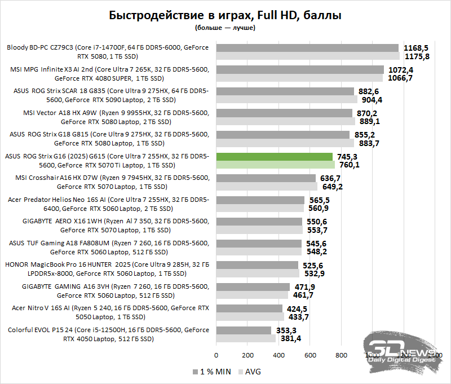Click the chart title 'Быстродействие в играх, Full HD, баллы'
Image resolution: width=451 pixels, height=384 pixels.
click(225, 15)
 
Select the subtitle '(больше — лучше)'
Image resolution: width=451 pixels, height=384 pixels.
click(225, 27)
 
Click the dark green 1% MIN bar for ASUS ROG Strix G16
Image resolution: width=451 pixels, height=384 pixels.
click(274, 156)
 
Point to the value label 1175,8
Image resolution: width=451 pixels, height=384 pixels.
click(417, 56)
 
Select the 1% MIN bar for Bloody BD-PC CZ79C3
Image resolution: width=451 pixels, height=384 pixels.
click(307, 48)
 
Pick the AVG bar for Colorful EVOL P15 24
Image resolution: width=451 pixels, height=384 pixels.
click(246, 338)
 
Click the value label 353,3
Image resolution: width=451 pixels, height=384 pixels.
click(286, 330)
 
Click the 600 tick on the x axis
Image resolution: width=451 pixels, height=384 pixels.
click(309, 355)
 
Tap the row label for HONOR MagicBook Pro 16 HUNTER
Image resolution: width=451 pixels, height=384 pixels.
click(107, 268)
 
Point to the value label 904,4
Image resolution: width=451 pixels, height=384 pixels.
click(371, 100)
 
